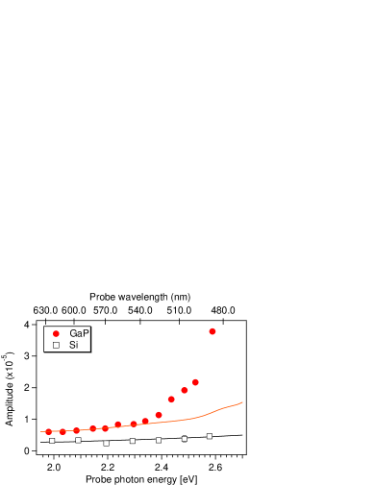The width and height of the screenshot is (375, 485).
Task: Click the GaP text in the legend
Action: click(x=79, y=333)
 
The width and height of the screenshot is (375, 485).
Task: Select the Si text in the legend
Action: click(x=74, y=345)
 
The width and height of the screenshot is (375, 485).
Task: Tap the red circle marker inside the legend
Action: click(x=56, y=333)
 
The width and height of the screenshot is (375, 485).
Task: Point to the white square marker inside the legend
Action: click(x=56, y=345)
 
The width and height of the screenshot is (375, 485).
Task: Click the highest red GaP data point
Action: click(x=212, y=331)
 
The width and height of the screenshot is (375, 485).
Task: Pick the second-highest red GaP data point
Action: click(x=195, y=382)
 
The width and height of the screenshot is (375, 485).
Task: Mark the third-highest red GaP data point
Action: click(x=185, y=390)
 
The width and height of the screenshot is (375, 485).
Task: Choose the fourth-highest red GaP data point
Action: click(x=171, y=400)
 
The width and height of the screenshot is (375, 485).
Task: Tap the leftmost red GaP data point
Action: click(x=49, y=432)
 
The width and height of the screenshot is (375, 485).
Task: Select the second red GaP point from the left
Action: click(x=62, y=432)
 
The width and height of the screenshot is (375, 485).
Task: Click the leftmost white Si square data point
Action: click(x=52, y=441)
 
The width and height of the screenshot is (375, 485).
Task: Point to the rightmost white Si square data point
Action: click(x=210, y=436)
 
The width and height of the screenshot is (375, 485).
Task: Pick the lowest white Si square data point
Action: click(x=106, y=444)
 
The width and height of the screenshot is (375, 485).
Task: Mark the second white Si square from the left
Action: click(x=78, y=440)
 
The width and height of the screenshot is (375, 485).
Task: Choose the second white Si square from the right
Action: click(x=185, y=439)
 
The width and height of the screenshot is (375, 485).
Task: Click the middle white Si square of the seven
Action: click(x=133, y=441)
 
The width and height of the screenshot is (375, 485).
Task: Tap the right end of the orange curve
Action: click(x=242, y=402)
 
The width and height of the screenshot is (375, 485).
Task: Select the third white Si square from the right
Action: click(x=159, y=440)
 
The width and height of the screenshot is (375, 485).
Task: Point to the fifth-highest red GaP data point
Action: click(x=159, y=415)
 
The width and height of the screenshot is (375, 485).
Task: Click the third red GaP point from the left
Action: click(x=77, y=431)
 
